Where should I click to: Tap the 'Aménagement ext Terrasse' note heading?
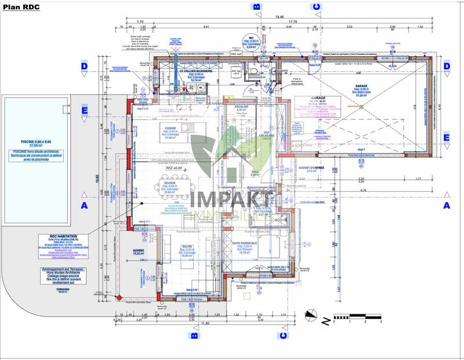(x=56, y=270)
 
